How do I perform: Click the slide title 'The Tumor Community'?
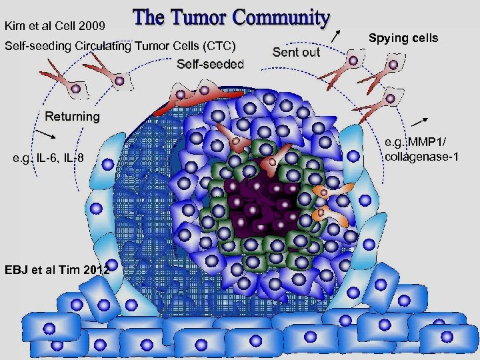click(231, 18)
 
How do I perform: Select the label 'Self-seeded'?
click(211, 64)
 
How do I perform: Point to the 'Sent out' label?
click(296, 52)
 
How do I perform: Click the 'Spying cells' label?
click(403, 37)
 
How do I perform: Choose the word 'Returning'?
click(72, 117)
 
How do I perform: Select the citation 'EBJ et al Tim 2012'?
click(57, 269)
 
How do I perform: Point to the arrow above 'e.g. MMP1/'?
click(419, 121)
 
